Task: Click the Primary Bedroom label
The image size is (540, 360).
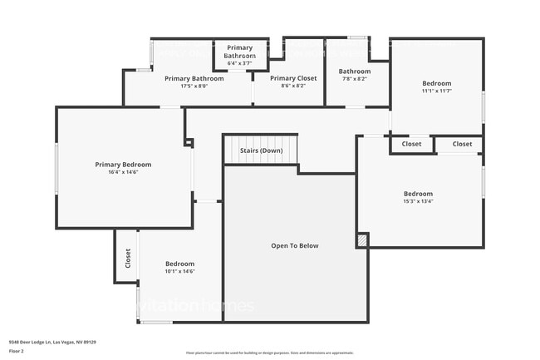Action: pyautogui.click(x=123, y=165)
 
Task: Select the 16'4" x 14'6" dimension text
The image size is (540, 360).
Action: pyautogui.click(x=123, y=173)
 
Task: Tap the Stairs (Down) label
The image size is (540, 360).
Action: pyautogui.click(x=261, y=150)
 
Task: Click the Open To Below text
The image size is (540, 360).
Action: pyautogui.click(x=295, y=245)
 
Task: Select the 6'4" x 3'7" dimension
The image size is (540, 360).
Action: pyautogui.click(x=240, y=62)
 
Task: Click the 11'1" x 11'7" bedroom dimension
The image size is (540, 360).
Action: pyautogui.click(x=436, y=91)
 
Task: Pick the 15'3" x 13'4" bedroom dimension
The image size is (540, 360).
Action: pyautogui.click(x=418, y=200)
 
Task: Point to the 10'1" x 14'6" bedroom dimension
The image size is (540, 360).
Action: pyautogui.click(x=179, y=271)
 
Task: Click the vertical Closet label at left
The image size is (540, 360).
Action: pyautogui.click(x=128, y=259)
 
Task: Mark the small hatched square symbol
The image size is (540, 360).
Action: pyautogui.click(x=362, y=240)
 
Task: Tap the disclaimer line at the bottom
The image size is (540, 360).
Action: pyautogui.click(x=270, y=353)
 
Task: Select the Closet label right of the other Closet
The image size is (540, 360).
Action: pyautogui.click(x=462, y=144)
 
